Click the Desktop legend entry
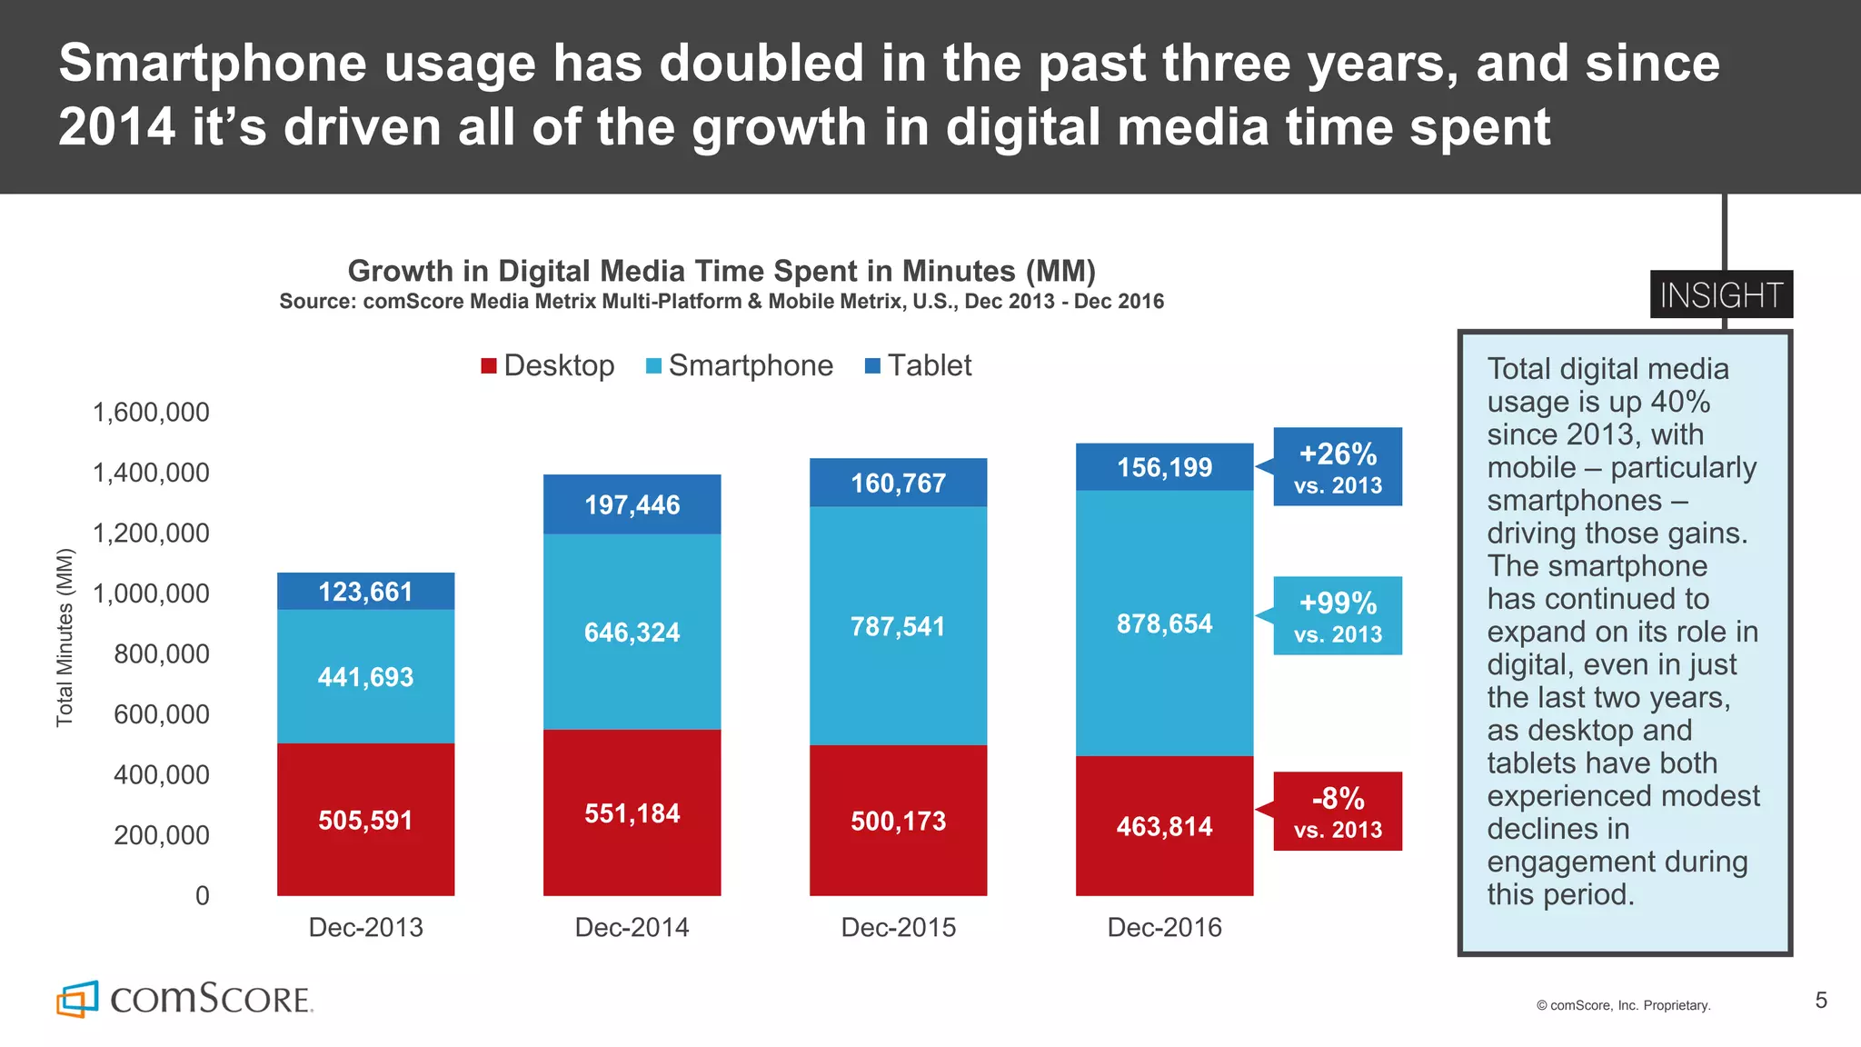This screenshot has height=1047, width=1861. point(548,365)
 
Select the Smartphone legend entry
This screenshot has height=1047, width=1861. point(740,365)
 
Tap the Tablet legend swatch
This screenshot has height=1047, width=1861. point(872,365)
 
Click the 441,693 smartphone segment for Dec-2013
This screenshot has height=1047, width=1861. point(365,677)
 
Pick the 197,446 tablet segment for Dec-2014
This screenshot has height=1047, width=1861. point(632,504)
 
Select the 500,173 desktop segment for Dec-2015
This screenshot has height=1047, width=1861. point(898,821)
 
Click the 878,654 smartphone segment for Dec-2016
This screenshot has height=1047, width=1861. point(1164,623)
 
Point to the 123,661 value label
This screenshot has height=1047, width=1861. point(365,592)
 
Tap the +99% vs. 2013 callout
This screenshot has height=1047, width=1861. point(1338,616)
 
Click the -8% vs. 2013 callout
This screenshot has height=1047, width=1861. point(1338,812)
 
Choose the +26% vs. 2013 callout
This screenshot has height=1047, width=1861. point(1338,467)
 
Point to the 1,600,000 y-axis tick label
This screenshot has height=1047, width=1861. point(151,413)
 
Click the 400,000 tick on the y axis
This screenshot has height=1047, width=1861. point(161,774)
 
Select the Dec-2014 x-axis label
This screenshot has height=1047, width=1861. point(632,927)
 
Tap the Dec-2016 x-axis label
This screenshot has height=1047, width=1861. point(1164,927)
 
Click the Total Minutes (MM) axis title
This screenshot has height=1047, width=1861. point(65,637)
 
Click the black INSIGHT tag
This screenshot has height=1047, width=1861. point(1721,294)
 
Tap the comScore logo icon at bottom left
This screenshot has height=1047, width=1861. point(77,999)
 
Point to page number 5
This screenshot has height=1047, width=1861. point(1821,1001)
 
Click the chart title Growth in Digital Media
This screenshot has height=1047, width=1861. point(722,271)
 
